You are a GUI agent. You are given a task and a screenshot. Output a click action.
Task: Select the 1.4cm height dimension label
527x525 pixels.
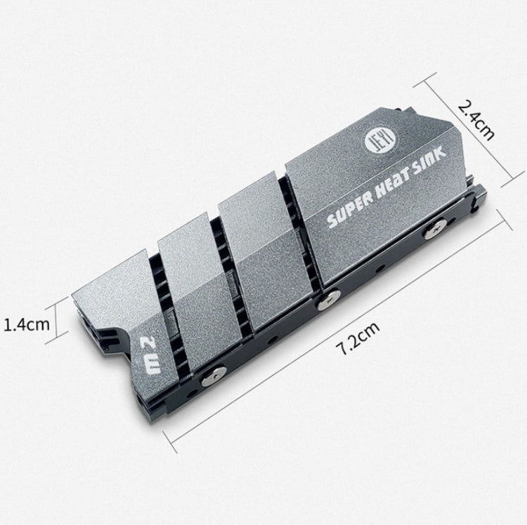pyautogui.click(x=27, y=325)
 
